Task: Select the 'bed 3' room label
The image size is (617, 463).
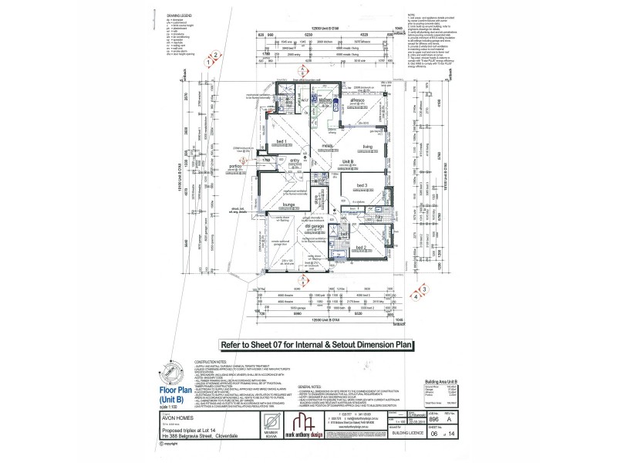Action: click(x=362, y=186)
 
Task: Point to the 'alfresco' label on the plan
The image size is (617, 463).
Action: click(x=357, y=101)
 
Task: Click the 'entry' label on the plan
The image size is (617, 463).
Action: click(x=294, y=161)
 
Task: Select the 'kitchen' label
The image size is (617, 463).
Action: click(x=325, y=100)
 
